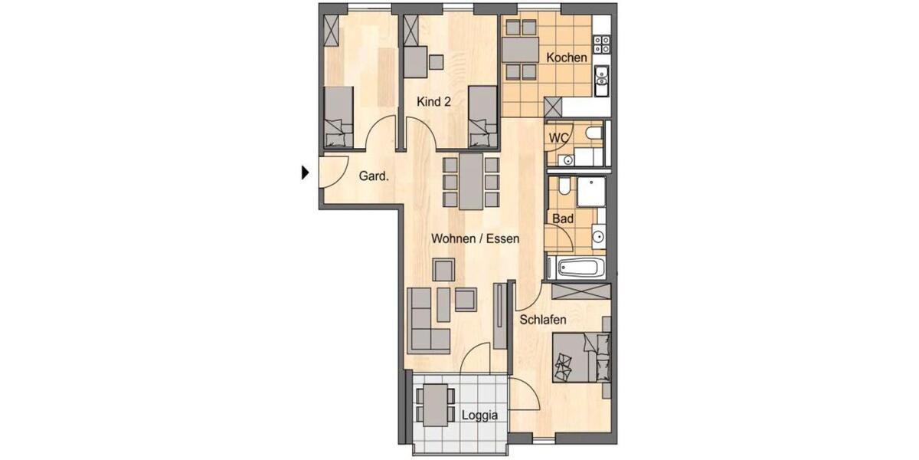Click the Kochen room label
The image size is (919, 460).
(567, 58)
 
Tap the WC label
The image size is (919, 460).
(559, 137)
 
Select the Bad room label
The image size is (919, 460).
(563, 219)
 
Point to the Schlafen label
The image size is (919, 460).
(542, 320)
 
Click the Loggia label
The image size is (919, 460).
(480, 416)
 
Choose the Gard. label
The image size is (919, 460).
(374, 176)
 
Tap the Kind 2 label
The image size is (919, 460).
(433, 101)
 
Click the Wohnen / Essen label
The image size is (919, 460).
(475, 238)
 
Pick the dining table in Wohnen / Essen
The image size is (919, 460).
(471, 181)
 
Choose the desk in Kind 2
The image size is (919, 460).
(416, 61)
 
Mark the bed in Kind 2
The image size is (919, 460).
(482, 117)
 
